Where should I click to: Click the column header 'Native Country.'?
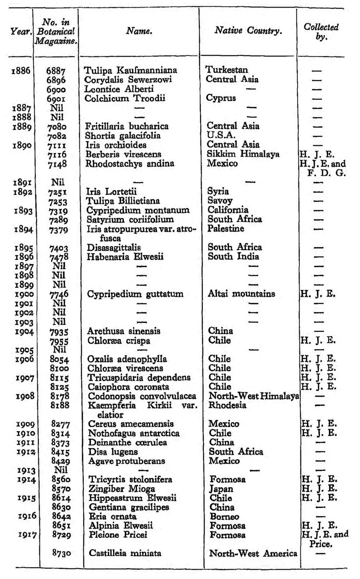click(x=248, y=31)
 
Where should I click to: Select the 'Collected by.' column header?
click(x=321, y=31)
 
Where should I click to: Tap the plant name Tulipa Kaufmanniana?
click(x=130, y=70)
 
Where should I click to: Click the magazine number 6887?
click(x=56, y=71)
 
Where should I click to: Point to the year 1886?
click(x=21, y=70)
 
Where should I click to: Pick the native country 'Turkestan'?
click(x=226, y=70)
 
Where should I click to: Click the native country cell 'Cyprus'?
click(x=221, y=98)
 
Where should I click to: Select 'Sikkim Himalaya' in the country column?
click(x=243, y=154)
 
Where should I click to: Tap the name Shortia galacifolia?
click(x=123, y=136)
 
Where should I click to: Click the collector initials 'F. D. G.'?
click(x=327, y=173)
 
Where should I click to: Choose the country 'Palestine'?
click(x=226, y=229)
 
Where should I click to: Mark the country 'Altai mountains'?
click(x=241, y=293)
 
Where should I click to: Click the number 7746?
click(x=59, y=294)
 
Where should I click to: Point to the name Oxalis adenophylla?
click(x=127, y=359)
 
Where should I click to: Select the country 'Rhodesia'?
click(x=227, y=405)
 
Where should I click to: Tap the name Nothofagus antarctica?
click(x=133, y=433)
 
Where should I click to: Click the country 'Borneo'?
click(x=224, y=516)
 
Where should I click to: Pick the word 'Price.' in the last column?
click(x=321, y=544)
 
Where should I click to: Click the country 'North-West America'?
click(x=253, y=553)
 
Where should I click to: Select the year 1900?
click(x=24, y=294)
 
